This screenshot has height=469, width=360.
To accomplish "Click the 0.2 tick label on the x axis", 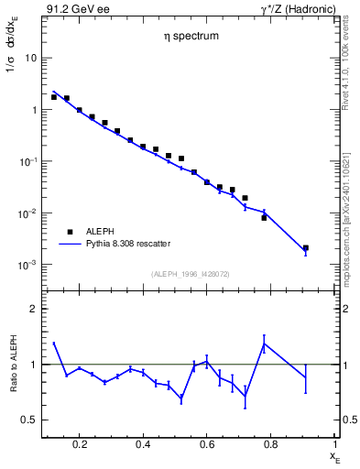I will click(80, 444).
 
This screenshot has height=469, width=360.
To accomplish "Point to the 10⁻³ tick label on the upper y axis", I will click(27, 265).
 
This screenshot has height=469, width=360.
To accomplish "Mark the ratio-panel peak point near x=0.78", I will click(264, 344).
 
